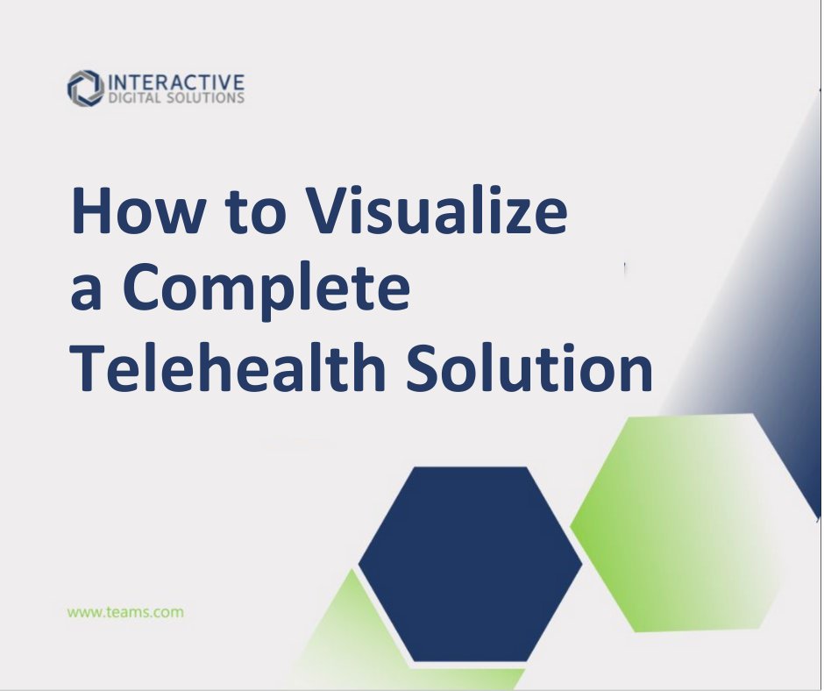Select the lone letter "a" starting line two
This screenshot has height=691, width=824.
click(x=87, y=295)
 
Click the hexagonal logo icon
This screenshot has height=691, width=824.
click(x=85, y=88)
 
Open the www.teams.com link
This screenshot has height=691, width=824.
click(x=125, y=612)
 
